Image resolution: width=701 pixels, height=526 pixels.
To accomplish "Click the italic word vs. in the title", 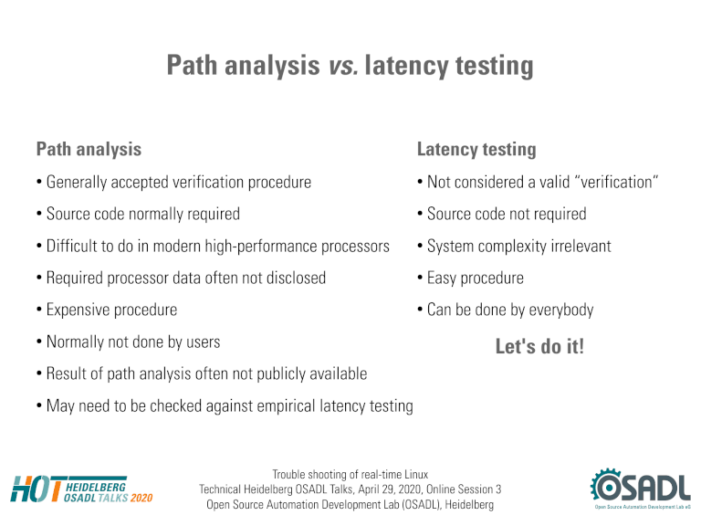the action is coord(343,66).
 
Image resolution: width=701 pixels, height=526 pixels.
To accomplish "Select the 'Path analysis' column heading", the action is coord(89,150).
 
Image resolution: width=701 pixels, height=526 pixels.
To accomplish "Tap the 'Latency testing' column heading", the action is coord(476,150).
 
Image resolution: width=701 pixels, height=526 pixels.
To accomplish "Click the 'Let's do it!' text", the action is coord(539,347).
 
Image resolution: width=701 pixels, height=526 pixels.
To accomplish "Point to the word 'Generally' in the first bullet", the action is coord(77,183).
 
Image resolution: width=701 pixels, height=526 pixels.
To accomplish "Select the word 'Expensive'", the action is coord(76,310).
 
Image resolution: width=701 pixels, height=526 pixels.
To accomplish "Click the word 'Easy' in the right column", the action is coord(442,279).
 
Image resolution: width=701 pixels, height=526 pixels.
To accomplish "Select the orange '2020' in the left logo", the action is coord(141,498).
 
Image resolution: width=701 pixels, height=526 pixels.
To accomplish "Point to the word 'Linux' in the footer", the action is coord(416,474).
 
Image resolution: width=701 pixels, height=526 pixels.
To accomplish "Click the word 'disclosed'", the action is coord(296,279).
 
